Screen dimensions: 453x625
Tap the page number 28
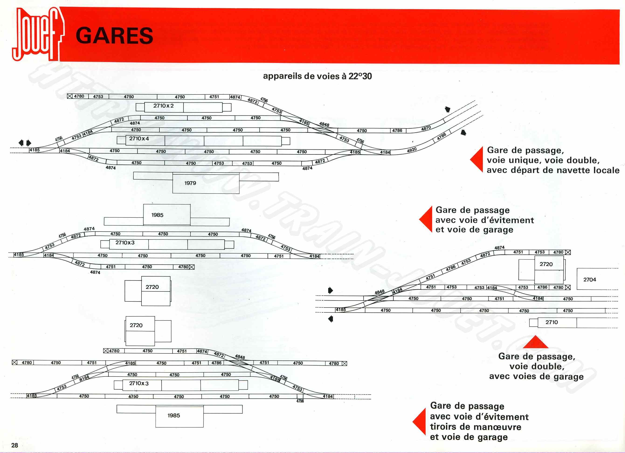(15, 445)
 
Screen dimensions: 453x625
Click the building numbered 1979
(190, 183)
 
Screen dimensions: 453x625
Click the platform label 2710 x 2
(163, 106)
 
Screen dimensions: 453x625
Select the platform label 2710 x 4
(139, 138)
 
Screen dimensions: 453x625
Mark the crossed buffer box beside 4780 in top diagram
(70, 96)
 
